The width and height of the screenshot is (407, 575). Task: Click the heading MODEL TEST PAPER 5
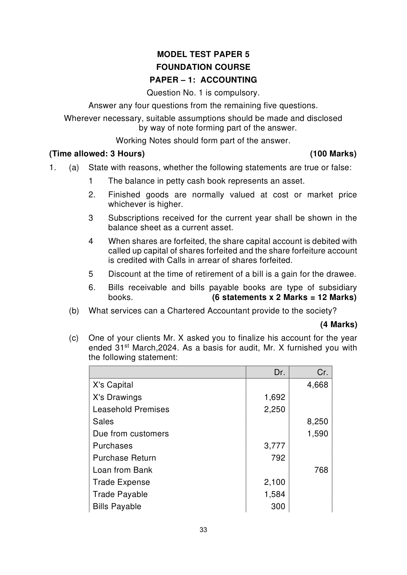click(203, 54)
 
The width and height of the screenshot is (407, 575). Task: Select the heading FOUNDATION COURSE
click(203, 67)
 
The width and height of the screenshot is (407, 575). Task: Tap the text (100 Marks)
click(333, 154)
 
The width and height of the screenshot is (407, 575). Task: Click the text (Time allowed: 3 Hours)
click(97, 154)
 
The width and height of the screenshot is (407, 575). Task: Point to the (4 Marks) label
click(338, 325)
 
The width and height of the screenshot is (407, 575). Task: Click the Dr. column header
click(279, 372)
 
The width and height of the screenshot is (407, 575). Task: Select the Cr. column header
click(322, 372)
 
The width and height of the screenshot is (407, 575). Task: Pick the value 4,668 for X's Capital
click(317, 385)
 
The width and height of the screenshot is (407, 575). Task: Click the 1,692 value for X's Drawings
click(275, 397)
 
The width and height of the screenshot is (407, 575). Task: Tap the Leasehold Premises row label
click(131, 409)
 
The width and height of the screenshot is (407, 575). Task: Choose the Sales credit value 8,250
click(317, 421)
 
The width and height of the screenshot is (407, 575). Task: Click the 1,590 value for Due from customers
click(317, 433)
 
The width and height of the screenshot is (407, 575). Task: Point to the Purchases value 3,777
click(275, 446)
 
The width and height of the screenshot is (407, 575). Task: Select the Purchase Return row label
click(124, 458)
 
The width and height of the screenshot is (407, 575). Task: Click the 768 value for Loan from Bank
click(321, 470)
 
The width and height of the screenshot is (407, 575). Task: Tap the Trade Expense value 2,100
click(275, 482)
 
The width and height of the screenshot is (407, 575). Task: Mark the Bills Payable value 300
click(278, 506)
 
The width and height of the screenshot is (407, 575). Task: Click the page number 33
click(203, 530)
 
